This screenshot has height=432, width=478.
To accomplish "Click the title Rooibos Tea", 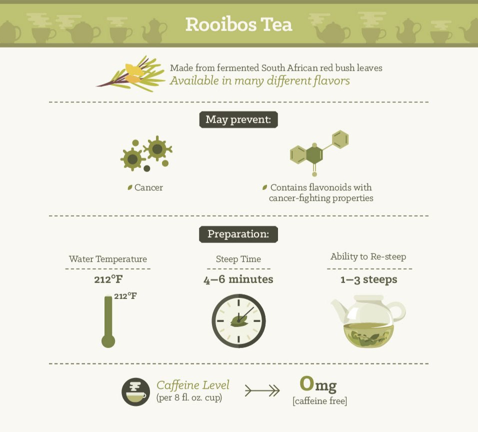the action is pyautogui.click(x=238, y=24).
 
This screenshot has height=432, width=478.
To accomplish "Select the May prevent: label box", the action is pyautogui.click(x=238, y=119).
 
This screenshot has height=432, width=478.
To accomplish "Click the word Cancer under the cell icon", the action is pyautogui.click(x=148, y=187).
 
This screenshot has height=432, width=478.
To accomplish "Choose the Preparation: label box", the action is pyautogui.click(x=238, y=234).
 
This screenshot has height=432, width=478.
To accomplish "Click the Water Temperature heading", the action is pyautogui.click(x=108, y=259).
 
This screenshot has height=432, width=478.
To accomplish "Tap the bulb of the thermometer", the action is pyautogui.click(x=108, y=341).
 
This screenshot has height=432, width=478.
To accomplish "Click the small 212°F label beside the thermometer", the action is pyautogui.click(x=125, y=295).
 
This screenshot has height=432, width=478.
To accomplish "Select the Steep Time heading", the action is pyautogui.click(x=238, y=259).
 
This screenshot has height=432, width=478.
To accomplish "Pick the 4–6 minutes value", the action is pyautogui.click(x=238, y=279).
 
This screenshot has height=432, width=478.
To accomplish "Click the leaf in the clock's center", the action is pyautogui.click(x=238, y=320).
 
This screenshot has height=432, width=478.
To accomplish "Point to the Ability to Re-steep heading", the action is pyautogui.click(x=368, y=256).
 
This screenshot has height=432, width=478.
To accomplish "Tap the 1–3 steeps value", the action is pyautogui.click(x=369, y=279).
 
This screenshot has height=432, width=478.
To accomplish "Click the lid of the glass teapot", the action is pyautogui.click(x=368, y=298).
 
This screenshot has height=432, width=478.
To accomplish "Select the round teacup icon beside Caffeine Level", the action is pyautogui.click(x=135, y=392).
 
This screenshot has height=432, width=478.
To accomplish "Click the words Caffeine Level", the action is pyautogui.click(x=192, y=385).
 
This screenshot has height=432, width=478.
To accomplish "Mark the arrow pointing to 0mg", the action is pyautogui.click(x=262, y=390).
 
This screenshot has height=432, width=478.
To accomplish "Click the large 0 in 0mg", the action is pyautogui.click(x=306, y=383).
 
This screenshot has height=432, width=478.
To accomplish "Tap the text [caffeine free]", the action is pyautogui.click(x=320, y=401).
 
